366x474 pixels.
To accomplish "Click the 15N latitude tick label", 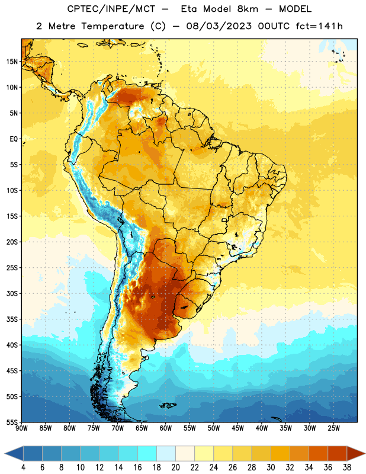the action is pos(12,62).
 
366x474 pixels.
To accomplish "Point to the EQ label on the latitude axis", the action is pos(14,139).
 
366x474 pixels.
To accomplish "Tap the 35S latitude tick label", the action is pos(12,319).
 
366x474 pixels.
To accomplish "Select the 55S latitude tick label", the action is pos(12,422).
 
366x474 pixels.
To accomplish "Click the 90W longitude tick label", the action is pos(21,428).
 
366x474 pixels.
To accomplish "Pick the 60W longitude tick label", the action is pos(166,428).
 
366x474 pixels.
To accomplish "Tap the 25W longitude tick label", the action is pos(333,428).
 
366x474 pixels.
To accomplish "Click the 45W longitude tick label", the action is pos(237,428).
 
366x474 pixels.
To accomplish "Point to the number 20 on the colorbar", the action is pos(175,467).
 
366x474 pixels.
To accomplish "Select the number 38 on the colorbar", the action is pos(347,467).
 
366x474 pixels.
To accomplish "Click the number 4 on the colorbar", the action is pos(23,467).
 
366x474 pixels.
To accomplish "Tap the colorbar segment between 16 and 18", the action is pos(147,454).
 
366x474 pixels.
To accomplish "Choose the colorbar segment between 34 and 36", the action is pos(318,454).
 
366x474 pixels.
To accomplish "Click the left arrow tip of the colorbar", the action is pos(5,454).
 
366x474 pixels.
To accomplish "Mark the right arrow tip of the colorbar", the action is pos(365,454).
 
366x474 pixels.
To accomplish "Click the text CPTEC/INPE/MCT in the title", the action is pos(111,9).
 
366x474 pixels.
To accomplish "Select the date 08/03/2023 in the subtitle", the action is pos(219,26).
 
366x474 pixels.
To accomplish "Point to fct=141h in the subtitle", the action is pos(319,26).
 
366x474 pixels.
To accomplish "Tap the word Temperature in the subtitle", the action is pos(113,27).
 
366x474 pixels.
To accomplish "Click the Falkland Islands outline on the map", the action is pos(168,405).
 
